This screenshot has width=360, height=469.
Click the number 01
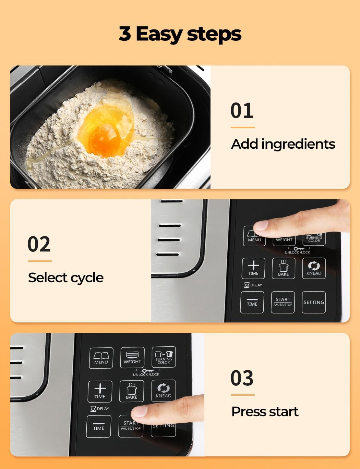point(242,111)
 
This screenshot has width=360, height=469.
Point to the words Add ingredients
point(283,144)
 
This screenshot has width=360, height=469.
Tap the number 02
point(39,244)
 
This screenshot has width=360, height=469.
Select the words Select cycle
point(66,277)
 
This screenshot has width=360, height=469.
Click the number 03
point(242,378)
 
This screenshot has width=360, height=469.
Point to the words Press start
point(265,411)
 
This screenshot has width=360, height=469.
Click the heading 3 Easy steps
point(180,34)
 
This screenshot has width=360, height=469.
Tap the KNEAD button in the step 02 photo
point(314,268)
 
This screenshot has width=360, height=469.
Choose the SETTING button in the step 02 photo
point(313,302)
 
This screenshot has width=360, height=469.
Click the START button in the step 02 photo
point(283,302)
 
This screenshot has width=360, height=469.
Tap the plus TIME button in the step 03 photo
point(100,391)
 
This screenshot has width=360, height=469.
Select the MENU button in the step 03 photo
point(101,358)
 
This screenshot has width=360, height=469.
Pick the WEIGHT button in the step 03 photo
point(132,358)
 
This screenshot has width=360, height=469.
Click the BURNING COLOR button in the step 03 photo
point(164,357)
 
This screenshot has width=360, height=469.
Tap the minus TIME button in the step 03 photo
point(99,426)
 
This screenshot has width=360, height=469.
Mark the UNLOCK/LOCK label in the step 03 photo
point(146,374)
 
